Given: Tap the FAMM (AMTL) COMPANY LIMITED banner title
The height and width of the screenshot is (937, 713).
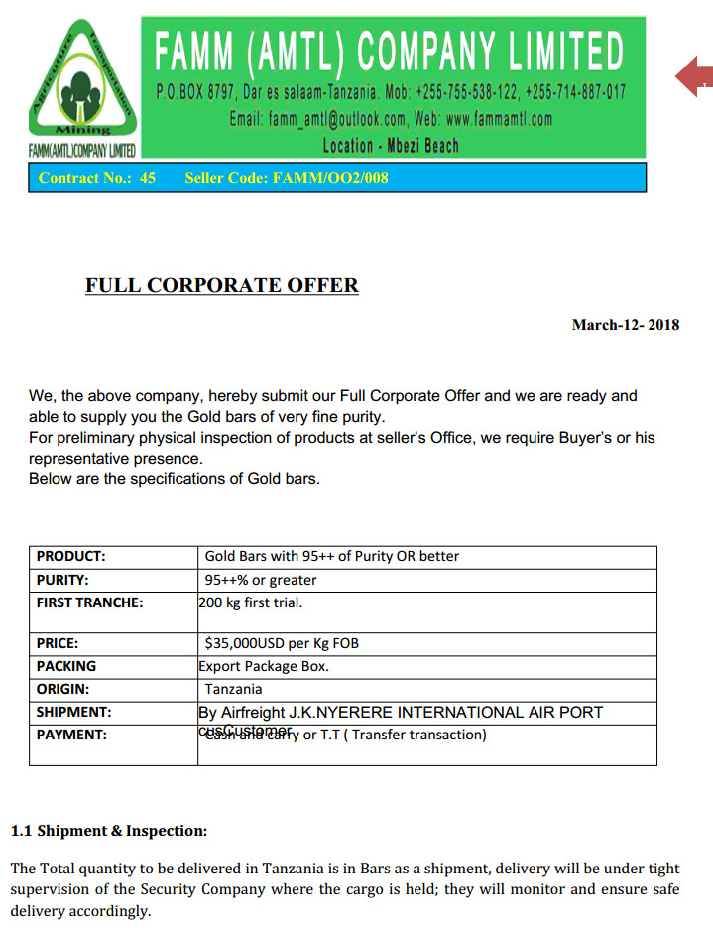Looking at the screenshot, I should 390,50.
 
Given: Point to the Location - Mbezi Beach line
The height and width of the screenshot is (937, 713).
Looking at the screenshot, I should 391,145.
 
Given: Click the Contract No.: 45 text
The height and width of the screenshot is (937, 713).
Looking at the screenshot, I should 96,178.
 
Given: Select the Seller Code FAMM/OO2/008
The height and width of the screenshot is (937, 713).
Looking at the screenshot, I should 287,178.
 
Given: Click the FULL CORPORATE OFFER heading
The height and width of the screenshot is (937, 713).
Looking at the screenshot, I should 222,286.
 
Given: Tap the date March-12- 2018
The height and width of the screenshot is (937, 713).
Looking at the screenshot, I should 626,325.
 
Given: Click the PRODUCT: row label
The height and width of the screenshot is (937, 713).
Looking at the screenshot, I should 70,556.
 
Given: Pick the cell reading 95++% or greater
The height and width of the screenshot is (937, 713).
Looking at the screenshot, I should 261,580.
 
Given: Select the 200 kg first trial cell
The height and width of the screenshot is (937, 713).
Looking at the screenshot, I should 251,602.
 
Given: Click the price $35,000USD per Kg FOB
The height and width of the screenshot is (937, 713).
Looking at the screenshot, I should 282,643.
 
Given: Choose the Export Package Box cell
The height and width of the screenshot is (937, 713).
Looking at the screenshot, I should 264,666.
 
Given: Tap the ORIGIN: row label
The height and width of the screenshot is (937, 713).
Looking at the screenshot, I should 62,689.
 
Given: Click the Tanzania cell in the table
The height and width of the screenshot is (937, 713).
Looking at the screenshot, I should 234,689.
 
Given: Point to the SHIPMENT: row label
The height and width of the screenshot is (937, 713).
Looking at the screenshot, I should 73,712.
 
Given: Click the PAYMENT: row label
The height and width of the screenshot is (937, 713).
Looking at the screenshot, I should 71,735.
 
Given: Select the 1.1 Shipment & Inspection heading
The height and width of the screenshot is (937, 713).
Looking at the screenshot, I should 109,830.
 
